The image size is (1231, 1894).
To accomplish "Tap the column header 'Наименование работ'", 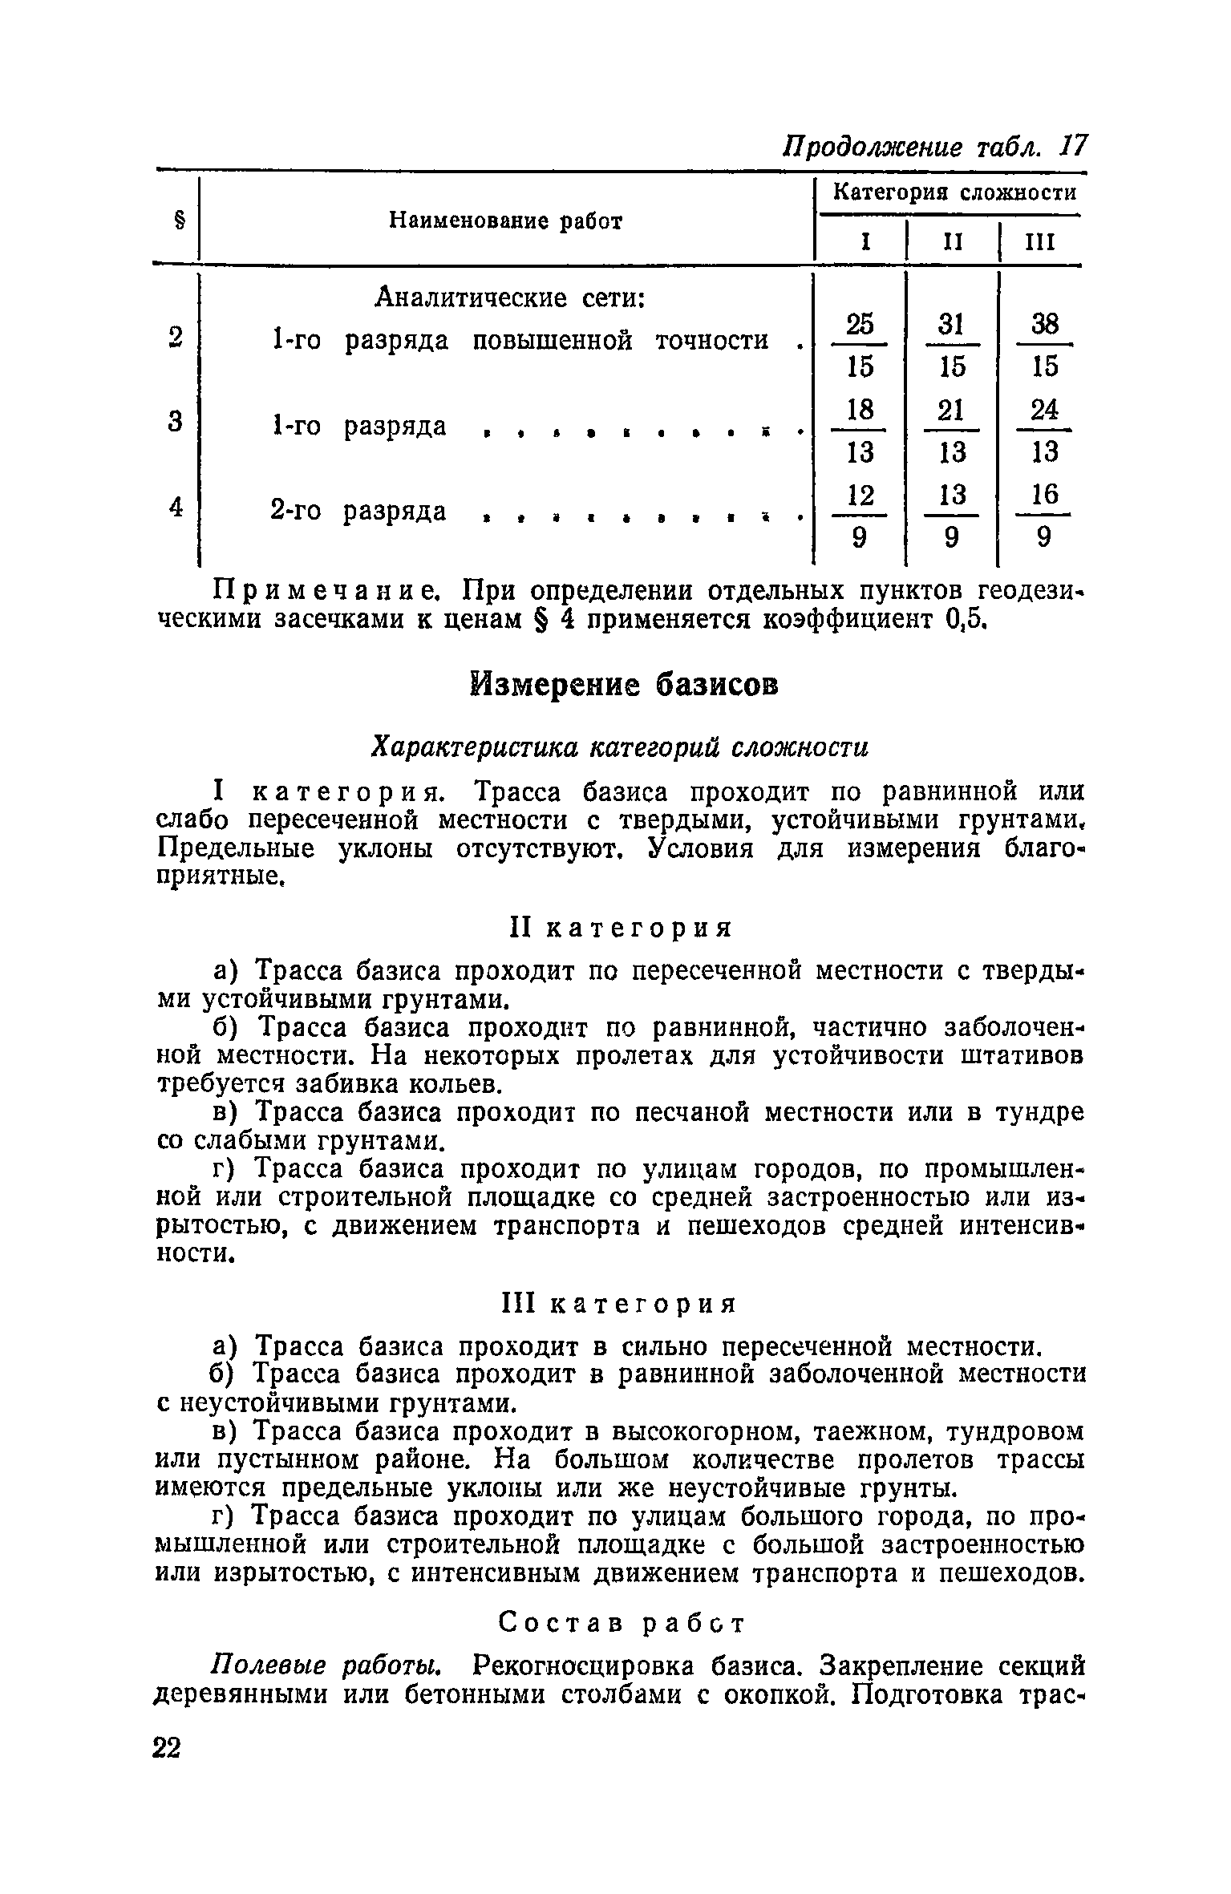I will [505, 221].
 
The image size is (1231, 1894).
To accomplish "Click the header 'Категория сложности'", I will [954, 192].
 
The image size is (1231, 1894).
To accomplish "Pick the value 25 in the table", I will [860, 324].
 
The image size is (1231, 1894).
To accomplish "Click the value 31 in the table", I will [951, 324].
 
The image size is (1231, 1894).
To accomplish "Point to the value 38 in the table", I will [1045, 324].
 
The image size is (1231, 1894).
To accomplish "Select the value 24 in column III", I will [1045, 411].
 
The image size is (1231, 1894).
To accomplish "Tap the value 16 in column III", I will [1045, 495].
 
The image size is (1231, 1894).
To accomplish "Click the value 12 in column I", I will [860, 495].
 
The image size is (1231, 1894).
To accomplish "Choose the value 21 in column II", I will [951, 411].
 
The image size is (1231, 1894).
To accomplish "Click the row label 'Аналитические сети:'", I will [511, 298].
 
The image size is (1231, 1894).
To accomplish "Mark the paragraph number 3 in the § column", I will [176, 422].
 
